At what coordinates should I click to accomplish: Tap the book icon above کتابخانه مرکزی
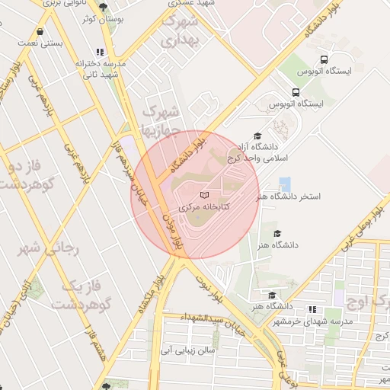[x=203, y=196]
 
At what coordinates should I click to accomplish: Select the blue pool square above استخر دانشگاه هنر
[x=285, y=184]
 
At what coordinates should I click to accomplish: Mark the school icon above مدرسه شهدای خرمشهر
[x=311, y=309]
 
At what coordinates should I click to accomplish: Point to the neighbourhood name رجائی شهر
[x=40, y=249]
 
